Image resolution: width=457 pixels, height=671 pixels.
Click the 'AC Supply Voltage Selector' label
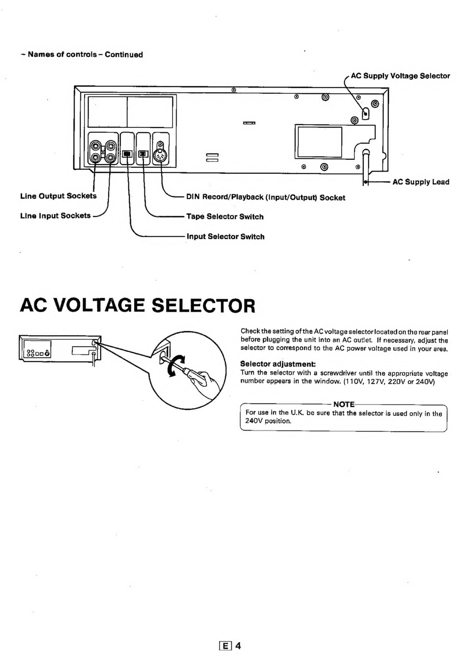click(400, 76)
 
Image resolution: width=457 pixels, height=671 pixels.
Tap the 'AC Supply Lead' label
click(421, 182)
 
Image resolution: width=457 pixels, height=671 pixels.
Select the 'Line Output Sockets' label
click(58, 196)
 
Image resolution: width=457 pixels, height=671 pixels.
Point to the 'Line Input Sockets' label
click(55, 215)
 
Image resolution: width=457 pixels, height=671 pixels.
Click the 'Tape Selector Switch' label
click(225, 216)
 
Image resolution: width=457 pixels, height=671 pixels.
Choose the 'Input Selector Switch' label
click(225, 237)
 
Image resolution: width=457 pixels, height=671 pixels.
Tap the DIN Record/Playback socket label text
click(266, 197)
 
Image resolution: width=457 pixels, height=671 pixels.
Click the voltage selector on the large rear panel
click(365, 113)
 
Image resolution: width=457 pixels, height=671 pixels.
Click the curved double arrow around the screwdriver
click(176, 366)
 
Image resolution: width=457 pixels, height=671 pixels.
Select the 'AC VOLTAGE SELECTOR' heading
click(138, 305)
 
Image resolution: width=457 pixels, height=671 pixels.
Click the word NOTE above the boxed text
click(344, 405)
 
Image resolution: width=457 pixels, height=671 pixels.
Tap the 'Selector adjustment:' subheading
click(278, 364)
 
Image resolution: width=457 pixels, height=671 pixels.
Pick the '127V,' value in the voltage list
click(374, 381)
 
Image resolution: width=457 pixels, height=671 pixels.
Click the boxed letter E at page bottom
click(226, 646)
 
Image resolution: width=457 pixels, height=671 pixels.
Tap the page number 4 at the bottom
click(238, 646)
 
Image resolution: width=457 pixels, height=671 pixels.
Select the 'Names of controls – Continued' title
click(82, 54)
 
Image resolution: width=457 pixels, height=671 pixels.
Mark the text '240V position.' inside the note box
click(268, 421)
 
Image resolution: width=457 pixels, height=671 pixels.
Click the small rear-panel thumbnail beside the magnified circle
click(60, 350)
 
